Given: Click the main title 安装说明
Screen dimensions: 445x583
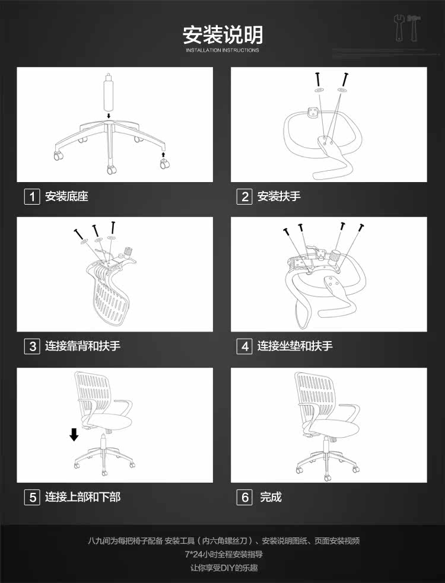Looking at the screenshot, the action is [x=223, y=35].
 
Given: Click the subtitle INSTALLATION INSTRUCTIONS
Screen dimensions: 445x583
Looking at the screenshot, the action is [x=223, y=50].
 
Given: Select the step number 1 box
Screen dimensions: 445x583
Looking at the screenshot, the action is [x=32, y=196].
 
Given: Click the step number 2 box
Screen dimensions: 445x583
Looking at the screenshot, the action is [x=244, y=196].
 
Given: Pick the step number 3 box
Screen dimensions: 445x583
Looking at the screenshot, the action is [x=32, y=346].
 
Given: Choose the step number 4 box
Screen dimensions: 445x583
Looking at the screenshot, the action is [x=244, y=346].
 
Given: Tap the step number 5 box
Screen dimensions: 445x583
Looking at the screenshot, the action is [x=32, y=497].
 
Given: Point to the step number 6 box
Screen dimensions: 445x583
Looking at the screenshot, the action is [x=244, y=497].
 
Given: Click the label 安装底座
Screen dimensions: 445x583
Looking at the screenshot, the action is [x=66, y=196].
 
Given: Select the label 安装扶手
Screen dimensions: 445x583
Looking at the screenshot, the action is [x=279, y=196].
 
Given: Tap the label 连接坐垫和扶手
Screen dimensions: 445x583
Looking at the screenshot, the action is [x=295, y=346].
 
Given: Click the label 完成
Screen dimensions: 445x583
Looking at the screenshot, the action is [x=271, y=497].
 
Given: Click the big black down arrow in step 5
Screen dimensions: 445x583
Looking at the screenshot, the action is [x=74, y=435].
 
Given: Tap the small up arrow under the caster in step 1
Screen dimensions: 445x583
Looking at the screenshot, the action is [x=164, y=155].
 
